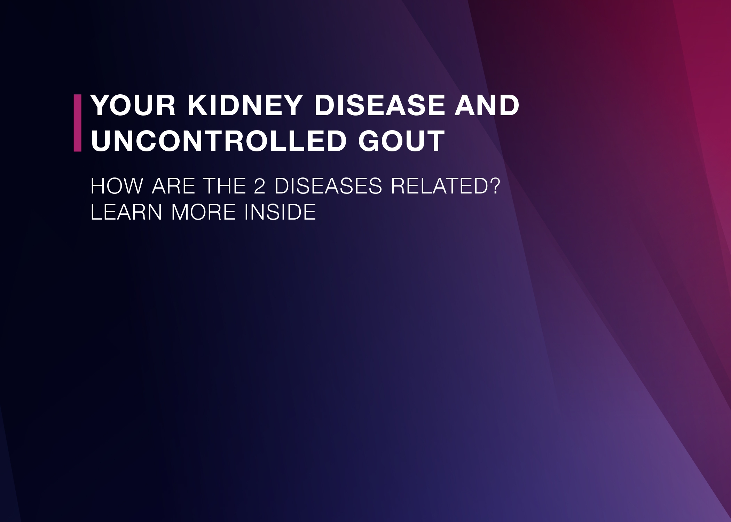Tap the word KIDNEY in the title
click(244, 105)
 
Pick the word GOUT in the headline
click(401, 141)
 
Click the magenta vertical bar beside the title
click(77, 123)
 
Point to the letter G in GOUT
click(370, 141)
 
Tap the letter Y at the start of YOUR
click(101, 105)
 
